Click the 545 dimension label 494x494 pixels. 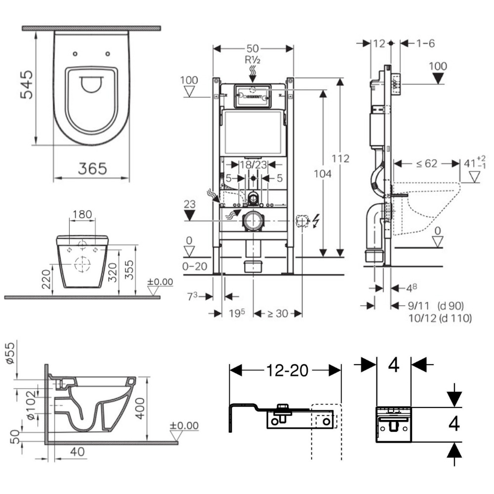pos(27,84)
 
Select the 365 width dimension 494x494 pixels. pos(92,169)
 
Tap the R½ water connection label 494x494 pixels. pos(253,60)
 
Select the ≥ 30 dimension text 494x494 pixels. pos(278,313)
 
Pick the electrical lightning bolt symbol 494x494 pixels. pos(316,221)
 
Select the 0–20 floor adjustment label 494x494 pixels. pos(194,266)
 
